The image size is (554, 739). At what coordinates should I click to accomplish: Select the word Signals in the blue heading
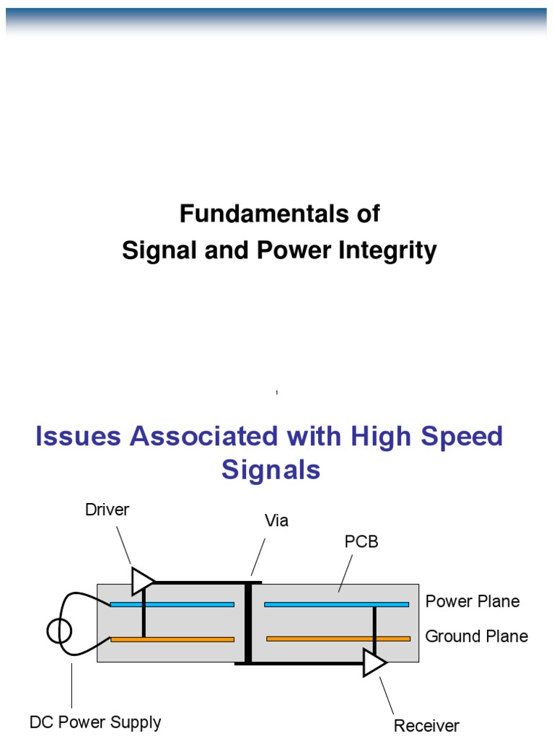pos(271,470)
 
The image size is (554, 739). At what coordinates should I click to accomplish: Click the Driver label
pos(107,510)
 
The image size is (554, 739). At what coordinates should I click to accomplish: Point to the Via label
pos(276,521)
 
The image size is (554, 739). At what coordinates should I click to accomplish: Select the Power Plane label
pos(472,601)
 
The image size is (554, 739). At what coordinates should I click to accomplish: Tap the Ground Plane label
pos(476,636)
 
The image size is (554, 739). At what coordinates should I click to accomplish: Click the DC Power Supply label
pos(95,722)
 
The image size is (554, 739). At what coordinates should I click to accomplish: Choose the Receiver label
pos(426,725)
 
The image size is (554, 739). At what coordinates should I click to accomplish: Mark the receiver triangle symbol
pos(374,663)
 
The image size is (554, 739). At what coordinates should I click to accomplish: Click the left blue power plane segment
pos(172,604)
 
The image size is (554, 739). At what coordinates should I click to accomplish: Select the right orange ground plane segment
pos(338,639)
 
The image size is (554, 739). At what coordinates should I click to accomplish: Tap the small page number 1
pos(277,393)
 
